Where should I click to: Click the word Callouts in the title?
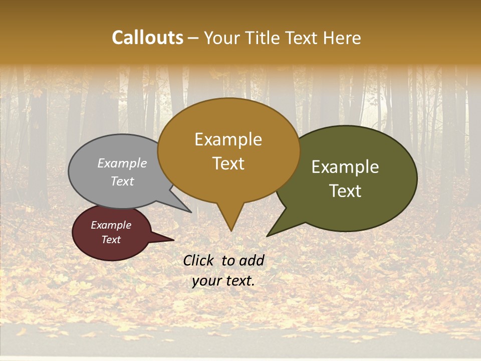point(147,38)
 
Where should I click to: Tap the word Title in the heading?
point(265,38)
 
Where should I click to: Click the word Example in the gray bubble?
point(122,163)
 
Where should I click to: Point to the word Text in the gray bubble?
point(122,181)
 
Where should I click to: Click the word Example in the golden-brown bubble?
point(228,139)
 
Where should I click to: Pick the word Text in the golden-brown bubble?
point(228,163)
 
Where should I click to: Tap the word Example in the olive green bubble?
point(345,167)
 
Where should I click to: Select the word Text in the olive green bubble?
point(345,191)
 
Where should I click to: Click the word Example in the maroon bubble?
point(111,225)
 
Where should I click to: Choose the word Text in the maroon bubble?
point(111,240)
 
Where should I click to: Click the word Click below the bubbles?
point(199,260)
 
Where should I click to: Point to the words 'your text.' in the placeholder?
point(223,281)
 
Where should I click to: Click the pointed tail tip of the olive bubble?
point(268,236)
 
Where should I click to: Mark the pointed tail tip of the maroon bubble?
point(173,240)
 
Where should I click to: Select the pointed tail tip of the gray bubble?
point(191,212)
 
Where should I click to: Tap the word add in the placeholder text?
point(252,260)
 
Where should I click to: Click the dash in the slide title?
point(193,38)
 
